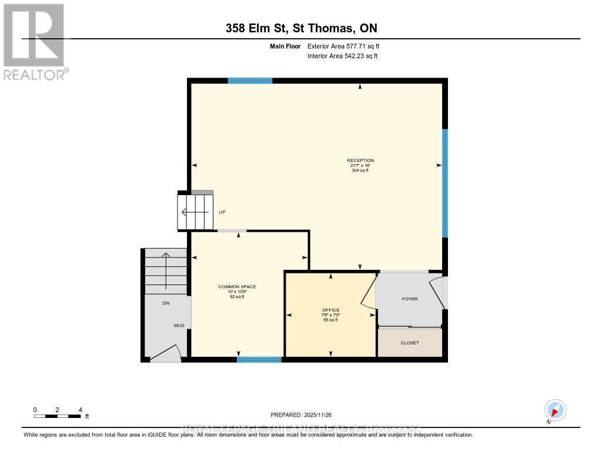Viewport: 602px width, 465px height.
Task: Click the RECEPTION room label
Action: coord(360,160)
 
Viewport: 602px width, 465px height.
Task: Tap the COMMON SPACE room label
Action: coord(237,287)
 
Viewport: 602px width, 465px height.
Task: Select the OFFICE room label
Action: coord(330,310)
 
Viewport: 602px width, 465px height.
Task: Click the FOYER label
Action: coord(410,299)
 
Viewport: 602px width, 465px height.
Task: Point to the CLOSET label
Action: coord(410,343)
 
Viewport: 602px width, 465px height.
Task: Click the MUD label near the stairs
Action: coord(179,325)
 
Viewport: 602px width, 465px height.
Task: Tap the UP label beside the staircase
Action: coord(222,212)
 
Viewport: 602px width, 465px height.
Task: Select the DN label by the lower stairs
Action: coord(166,303)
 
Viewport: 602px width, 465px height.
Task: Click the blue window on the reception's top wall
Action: coord(250,81)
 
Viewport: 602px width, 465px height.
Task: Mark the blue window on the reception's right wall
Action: coord(445,183)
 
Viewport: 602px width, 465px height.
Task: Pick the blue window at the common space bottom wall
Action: coord(259,359)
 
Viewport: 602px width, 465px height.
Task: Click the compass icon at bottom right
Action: coord(555,410)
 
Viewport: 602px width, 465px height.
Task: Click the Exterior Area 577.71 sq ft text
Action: coord(347,46)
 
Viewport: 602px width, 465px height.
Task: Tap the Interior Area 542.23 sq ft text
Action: coord(342,56)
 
